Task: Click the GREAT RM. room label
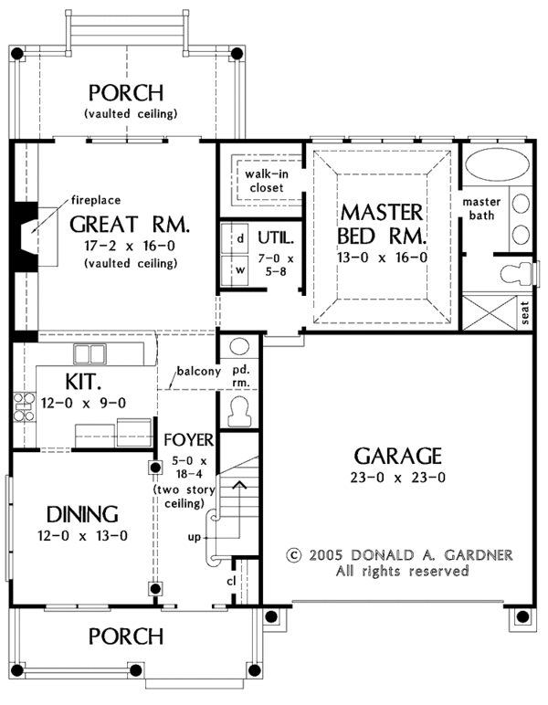tap(129, 224)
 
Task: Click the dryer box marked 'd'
tap(239, 238)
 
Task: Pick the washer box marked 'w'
tap(239, 270)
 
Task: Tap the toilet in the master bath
tap(515, 272)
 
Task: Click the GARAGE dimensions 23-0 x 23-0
tap(398, 479)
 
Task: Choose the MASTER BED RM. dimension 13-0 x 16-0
tap(381, 258)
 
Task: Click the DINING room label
tap(78, 513)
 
